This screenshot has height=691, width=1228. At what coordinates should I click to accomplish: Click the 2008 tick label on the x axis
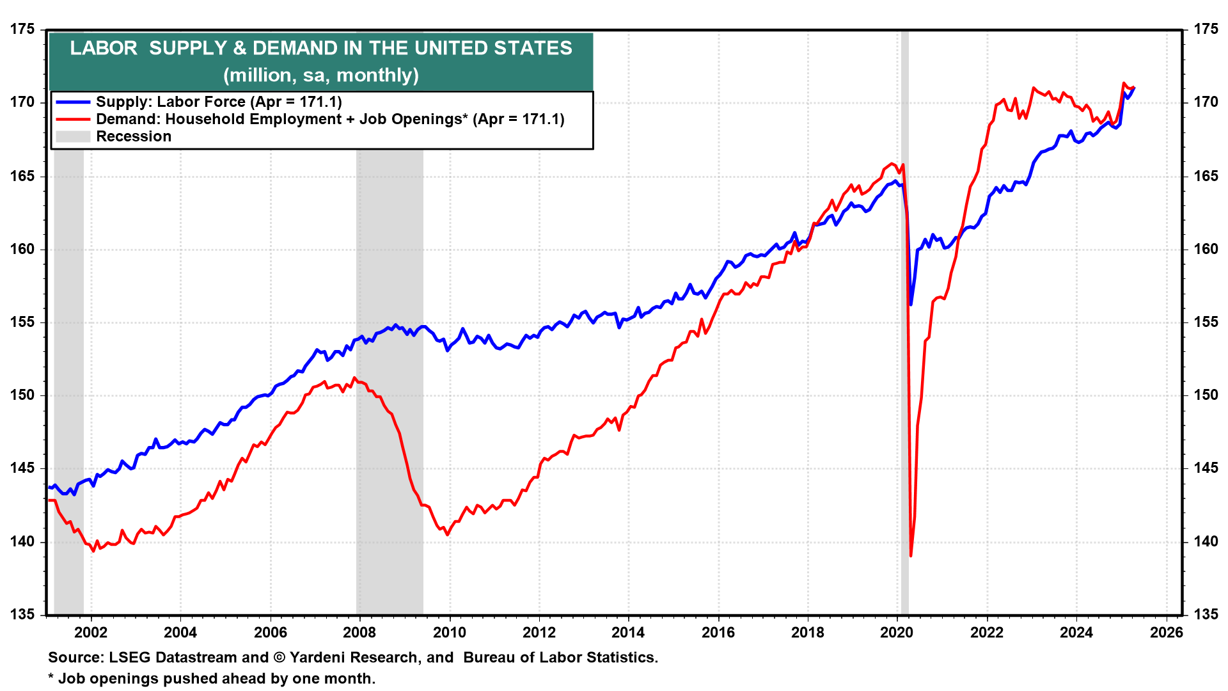pos(359,632)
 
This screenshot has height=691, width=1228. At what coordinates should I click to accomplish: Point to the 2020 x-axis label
pos(897,632)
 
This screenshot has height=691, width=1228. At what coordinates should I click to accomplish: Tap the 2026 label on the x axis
pos(1167,632)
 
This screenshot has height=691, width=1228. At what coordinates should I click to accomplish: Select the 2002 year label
pos(91,632)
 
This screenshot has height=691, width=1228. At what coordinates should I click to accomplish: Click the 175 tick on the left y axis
pos(22,29)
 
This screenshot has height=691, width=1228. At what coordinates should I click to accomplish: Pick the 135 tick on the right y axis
pos(1206,614)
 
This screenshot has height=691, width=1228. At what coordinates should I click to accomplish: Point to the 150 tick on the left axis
pos(22,395)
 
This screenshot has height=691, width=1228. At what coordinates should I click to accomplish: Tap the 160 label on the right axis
pos(1206,249)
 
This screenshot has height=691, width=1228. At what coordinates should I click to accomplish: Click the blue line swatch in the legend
pos(73,102)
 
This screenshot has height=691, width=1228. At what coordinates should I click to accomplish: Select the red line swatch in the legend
pos(73,119)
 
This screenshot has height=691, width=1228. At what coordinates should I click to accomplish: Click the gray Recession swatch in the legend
pos(73,136)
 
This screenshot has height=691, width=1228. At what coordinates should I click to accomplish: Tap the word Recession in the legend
pos(134,136)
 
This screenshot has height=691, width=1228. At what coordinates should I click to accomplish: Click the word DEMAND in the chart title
pos(292,48)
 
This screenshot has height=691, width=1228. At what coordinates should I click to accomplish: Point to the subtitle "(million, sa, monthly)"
pos(321,75)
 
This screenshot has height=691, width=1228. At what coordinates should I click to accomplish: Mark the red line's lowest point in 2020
pos(911,555)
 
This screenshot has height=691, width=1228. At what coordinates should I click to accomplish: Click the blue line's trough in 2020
pos(911,304)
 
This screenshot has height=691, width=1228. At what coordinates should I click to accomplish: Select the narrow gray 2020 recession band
pos(904,384)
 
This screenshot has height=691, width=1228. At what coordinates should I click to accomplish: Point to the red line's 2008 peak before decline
pos(355,378)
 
